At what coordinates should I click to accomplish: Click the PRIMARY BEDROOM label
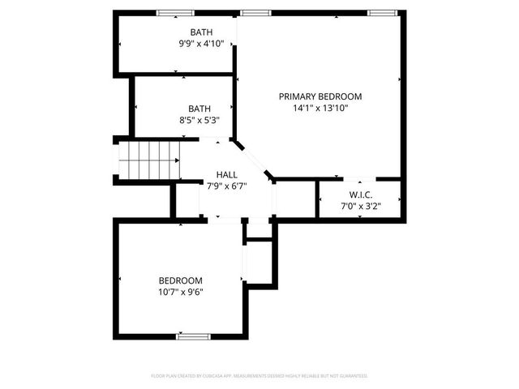320,96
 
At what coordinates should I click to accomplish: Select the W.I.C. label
360,194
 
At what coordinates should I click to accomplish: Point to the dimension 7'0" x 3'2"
360,206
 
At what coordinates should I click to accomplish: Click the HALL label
226,174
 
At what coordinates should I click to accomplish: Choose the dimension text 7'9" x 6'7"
226,186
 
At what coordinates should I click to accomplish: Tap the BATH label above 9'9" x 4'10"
201,32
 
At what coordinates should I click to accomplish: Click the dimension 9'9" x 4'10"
201,44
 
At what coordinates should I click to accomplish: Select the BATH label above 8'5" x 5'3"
199,108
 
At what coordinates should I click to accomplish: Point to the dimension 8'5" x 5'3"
199,119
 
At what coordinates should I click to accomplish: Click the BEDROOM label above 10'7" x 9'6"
180,280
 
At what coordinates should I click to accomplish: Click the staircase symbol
148,159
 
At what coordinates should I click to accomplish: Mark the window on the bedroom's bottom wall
193,336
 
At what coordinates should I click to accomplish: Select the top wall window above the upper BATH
175,13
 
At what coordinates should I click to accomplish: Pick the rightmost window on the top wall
381,13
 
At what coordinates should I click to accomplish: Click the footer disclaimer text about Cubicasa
259,376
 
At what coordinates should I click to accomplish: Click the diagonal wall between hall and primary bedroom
254,160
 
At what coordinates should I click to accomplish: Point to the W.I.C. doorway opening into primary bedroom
357,178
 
